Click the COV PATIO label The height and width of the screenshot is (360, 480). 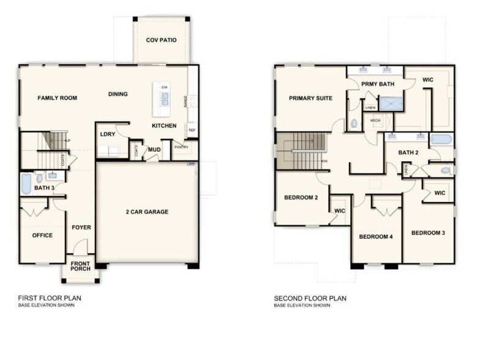pos(161,40)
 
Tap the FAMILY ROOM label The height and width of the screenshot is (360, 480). pos(57,98)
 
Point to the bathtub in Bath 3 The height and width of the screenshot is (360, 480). pos(26,183)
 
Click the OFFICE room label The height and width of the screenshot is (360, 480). pos(42,235)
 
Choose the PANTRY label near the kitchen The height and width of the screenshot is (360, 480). pos(181,147)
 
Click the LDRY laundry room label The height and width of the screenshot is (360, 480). pos(108,134)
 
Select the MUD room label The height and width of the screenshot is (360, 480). pos(154,149)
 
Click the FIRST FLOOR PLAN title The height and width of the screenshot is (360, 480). pos(50,299)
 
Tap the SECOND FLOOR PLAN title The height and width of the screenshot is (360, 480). pos(310,299)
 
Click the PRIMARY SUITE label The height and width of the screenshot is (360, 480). pos(310,98)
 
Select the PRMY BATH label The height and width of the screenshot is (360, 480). pos(377,84)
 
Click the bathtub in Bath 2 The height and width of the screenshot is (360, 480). pos(441,138)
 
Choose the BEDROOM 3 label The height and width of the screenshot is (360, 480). pos(427,233)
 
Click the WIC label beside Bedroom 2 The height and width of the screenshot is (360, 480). pos(339,211)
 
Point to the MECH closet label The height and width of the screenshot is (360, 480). pos(375,121)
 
